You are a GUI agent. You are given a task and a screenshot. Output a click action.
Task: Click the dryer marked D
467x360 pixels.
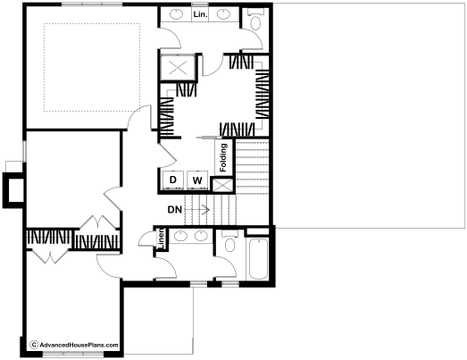pyautogui.click(x=173, y=180)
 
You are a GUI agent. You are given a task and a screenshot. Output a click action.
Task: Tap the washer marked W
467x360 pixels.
pyautogui.click(x=197, y=180)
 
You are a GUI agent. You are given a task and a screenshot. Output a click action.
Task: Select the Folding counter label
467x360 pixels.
pyautogui.click(x=223, y=157)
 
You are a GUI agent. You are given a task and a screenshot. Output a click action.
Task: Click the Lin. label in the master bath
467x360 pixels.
pyautogui.click(x=200, y=14)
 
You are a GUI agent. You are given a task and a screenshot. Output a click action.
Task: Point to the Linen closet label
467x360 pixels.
pyautogui.click(x=161, y=239)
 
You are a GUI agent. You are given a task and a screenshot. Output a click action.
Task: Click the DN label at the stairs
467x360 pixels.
pyautogui.click(x=175, y=210)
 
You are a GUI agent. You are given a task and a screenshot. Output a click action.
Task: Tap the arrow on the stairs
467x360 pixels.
pyautogui.click(x=197, y=210)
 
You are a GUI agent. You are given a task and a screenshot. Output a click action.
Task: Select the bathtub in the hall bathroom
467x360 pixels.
pyautogui.click(x=259, y=258)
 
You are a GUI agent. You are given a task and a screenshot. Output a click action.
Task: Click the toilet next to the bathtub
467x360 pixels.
pyautogui.click(x=229, y=242)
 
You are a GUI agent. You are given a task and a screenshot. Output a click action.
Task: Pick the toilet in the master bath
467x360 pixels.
pyautogui.click(x=256, y=20)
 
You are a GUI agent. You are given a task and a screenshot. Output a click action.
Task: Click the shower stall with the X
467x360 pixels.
pyautogui.click(x=178, y=67)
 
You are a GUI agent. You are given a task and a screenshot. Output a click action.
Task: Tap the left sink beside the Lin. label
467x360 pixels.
pyautogui.click(x=176, y=14)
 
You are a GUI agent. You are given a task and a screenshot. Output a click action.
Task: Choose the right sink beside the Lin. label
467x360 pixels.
pyautogui.click(x=222, y=14)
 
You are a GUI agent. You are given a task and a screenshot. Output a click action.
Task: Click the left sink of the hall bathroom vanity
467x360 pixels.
pyautogui.click(x=179, y=237)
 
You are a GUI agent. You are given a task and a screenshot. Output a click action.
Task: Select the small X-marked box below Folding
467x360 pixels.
pyautogui.click(x=222, y=185)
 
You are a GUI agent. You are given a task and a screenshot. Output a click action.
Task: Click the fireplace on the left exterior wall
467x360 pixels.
pyautogui.click(x=13, y=190)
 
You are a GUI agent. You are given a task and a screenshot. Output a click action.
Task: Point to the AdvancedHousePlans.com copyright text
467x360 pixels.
pyautogui.click(x=75, y=345)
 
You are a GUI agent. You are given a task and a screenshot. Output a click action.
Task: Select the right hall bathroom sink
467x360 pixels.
pyautogui.click(x=201, y=237)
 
